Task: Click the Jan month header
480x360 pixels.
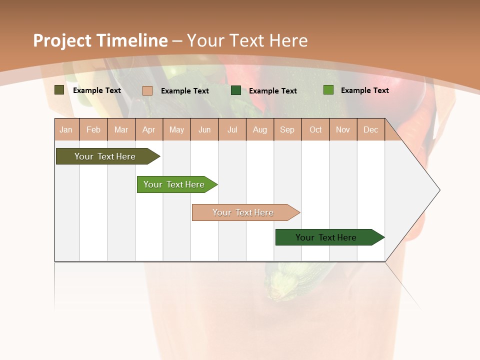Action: click(66, 130)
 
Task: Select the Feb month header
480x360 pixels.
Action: click(93, 130)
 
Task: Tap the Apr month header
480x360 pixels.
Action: click(149, 130)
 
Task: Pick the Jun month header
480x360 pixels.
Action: click(204, 130)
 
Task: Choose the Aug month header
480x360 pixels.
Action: click(260, 130)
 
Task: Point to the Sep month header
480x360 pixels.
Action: click(287, 130)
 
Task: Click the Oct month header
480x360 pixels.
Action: click(315, 130)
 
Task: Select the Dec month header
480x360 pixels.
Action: click(371, 130)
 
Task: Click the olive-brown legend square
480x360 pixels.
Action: click(59, 90)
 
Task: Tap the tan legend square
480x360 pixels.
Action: click(147, 90)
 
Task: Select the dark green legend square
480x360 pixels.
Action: click(236, 90)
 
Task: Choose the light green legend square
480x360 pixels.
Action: click(328, 90)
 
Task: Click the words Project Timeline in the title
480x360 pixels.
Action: click(100, 40)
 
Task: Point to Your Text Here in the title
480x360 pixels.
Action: click(247, 40)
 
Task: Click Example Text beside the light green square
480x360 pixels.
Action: click(364, 90)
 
